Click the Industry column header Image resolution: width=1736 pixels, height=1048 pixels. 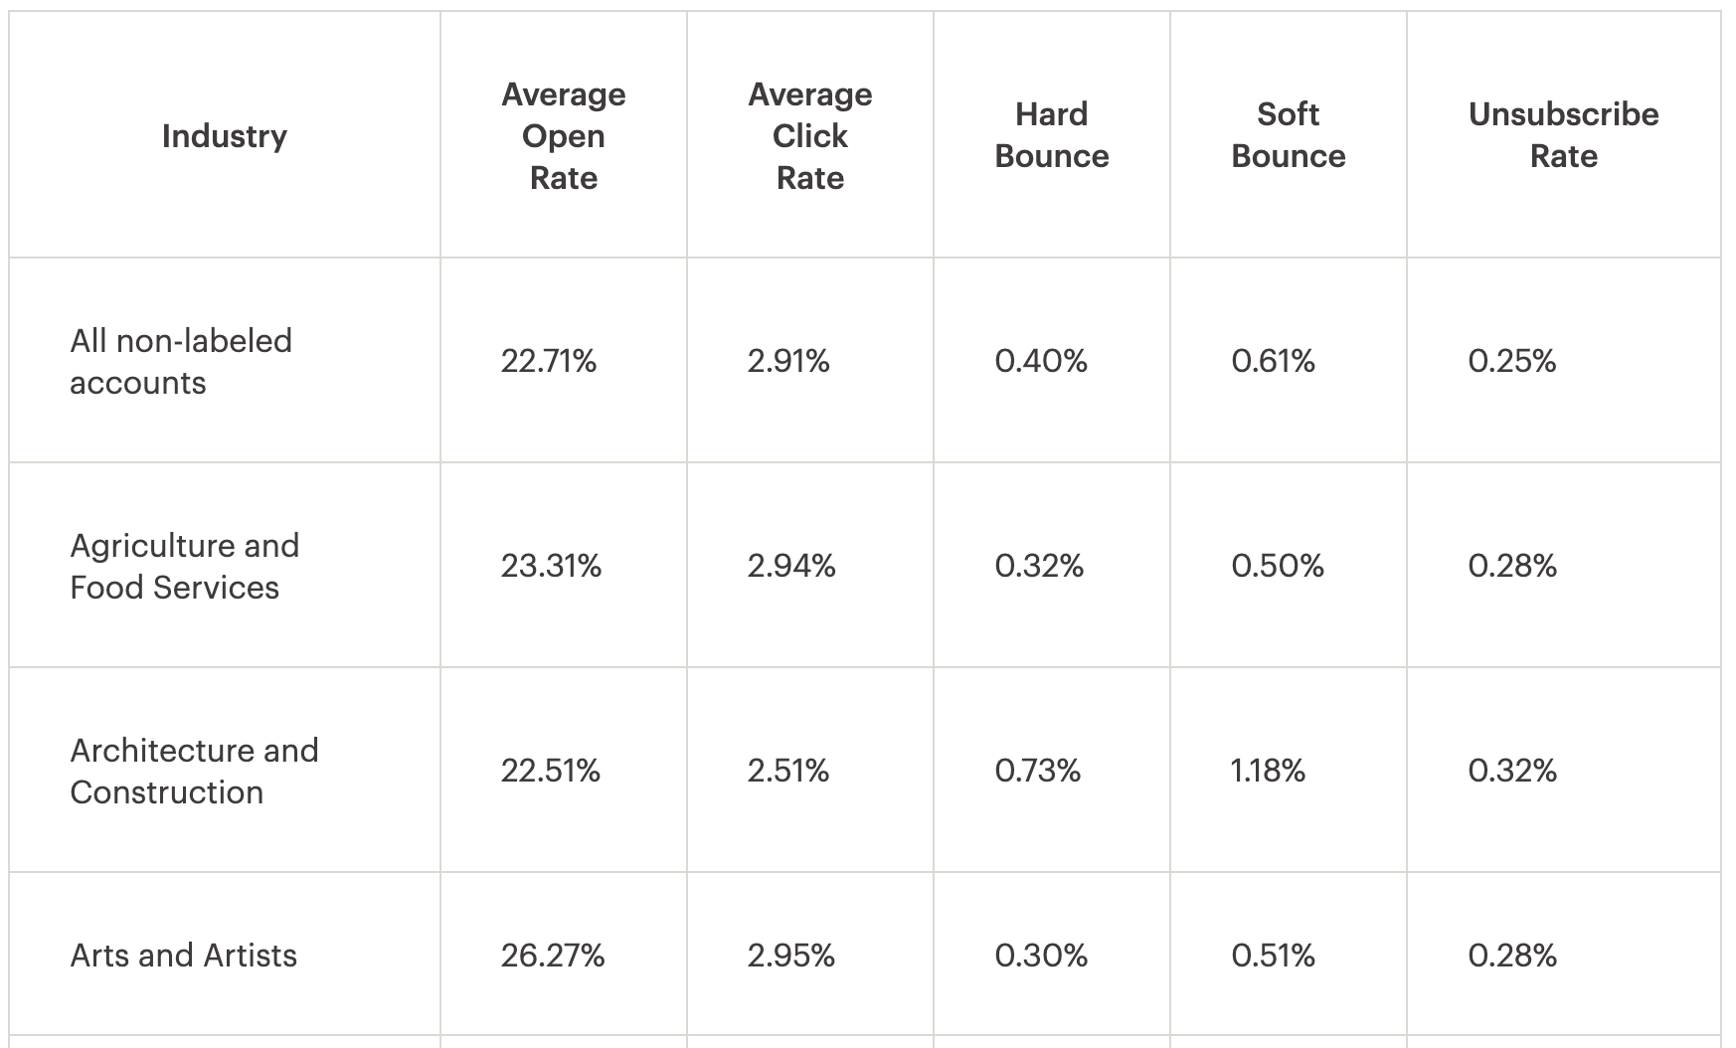224,135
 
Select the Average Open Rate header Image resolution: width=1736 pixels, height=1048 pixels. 563,135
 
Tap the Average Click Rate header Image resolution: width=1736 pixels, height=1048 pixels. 809,135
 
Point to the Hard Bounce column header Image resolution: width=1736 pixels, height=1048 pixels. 1051,135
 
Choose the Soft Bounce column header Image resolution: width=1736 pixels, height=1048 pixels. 1288,135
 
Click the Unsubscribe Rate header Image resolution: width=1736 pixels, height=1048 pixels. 1563,135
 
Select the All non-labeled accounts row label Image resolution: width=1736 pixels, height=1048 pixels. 181,361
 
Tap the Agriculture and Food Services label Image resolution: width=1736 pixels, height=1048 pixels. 184,566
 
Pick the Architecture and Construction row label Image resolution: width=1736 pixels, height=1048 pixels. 194,771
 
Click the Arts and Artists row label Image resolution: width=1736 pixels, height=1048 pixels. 183,956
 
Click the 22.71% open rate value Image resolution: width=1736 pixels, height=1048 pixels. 548,361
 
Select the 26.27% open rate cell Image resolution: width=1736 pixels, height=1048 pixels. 552,956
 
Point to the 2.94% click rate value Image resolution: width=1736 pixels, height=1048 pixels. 790,566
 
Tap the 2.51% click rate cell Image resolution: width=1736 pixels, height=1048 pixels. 787,771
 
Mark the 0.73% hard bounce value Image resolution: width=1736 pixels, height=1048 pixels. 1037,771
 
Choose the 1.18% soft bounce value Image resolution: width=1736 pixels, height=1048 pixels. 1268,771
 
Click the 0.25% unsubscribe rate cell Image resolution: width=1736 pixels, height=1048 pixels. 1511,361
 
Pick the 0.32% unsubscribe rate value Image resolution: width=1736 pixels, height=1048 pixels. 1511,771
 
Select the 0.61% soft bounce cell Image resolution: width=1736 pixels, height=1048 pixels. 1273,361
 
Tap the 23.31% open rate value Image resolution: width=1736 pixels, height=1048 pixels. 551,566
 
